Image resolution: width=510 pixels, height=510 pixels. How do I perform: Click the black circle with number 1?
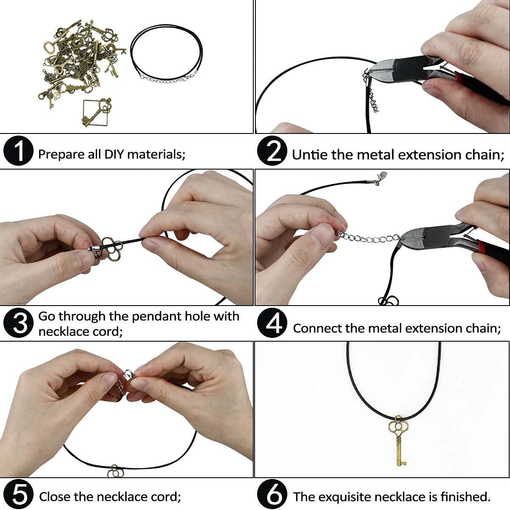[x=19, y=151]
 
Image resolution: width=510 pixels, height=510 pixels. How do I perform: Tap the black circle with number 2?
[x=272, y=151]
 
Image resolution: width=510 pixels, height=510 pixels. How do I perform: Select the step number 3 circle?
[x=19, y=323]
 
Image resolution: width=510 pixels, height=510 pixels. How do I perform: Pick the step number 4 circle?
[x=272, y=323]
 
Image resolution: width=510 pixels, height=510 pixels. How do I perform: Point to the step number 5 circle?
[x=19, y=494]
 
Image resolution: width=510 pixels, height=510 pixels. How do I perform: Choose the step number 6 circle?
[x=272, y=494]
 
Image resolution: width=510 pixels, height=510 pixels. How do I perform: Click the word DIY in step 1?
[x=114, y=154]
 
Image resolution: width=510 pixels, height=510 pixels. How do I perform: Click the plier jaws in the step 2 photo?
[x=383, y=70]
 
